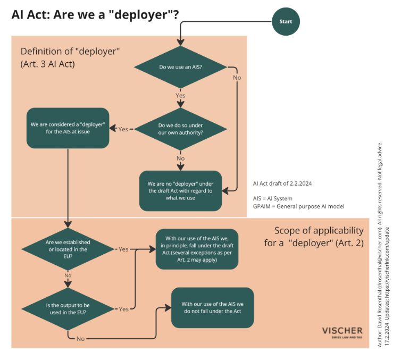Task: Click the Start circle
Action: click(x=286, y=21)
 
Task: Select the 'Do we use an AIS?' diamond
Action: click(x=181, y=68)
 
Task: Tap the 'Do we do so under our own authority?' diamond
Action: click(x=180, y=129)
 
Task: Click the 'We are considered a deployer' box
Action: click(x=68, y=128)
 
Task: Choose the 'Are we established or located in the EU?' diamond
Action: click(x=68, y=248)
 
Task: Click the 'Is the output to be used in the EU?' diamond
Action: click(x=68, y=309)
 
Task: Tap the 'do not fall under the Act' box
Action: click(x=212, y=307)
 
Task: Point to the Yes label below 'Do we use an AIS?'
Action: click(x=180, y=96)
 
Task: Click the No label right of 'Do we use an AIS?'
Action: click(x=237, y=78)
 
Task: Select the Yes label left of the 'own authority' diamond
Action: click(x=123, y=129)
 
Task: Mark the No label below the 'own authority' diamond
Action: click(x=180, y=158)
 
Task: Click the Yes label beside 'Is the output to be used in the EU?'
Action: click(x=123, y=309)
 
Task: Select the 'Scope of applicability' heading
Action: click(x=319, y=230)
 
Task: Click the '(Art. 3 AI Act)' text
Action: click(x=47, y=64)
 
